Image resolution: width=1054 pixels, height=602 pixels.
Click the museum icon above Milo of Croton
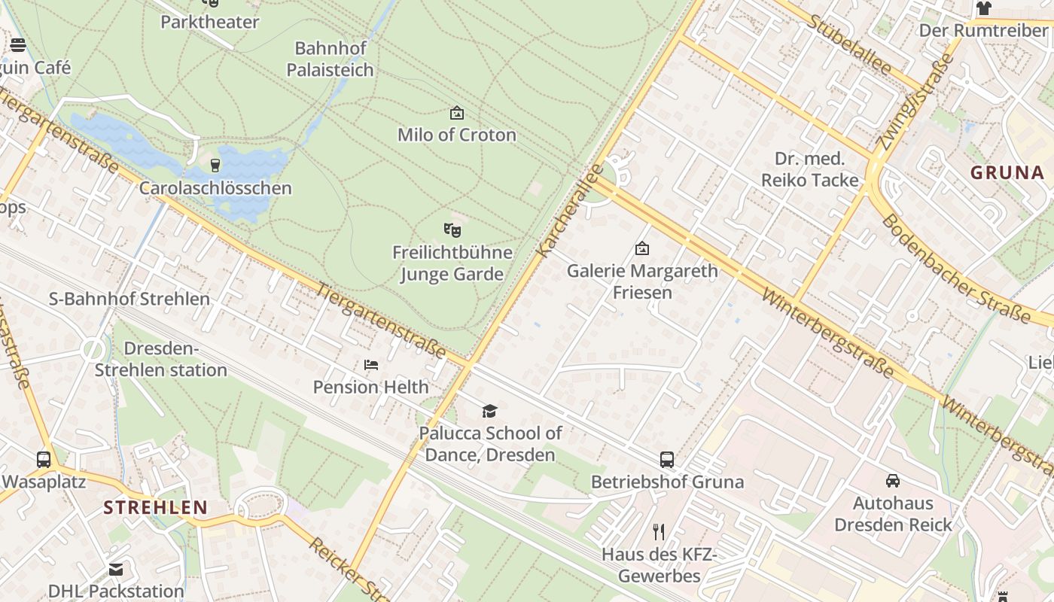point(456,114)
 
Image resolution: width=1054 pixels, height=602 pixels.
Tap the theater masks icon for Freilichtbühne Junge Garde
point(452,230)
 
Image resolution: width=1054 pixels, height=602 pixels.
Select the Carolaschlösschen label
point(215,187)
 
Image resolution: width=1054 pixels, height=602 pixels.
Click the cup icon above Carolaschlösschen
point(215,166)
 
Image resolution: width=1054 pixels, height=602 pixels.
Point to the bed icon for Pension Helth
point(371,365)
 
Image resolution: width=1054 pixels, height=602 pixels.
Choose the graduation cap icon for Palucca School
point(490,411)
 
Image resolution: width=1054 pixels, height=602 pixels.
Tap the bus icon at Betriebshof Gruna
point(667,459)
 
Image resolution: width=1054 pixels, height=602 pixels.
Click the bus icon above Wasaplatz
point(44,459)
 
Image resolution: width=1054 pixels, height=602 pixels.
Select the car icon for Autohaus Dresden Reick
point(893,480)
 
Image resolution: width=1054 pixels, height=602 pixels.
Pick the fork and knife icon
point(659,532)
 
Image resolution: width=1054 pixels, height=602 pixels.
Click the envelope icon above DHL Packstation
point(116,570)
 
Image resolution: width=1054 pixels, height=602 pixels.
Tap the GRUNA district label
point(1007,172)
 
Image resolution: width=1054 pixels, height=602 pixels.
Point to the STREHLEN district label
point(156,507)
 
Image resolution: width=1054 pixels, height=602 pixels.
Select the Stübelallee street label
point(849,44)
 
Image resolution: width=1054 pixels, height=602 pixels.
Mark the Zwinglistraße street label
point(913,102)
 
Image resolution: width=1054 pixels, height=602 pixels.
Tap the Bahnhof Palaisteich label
point(330,59)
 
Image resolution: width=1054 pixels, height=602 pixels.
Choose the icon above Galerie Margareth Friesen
point(642,248)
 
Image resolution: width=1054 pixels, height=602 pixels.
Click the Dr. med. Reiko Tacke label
point(809,169)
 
